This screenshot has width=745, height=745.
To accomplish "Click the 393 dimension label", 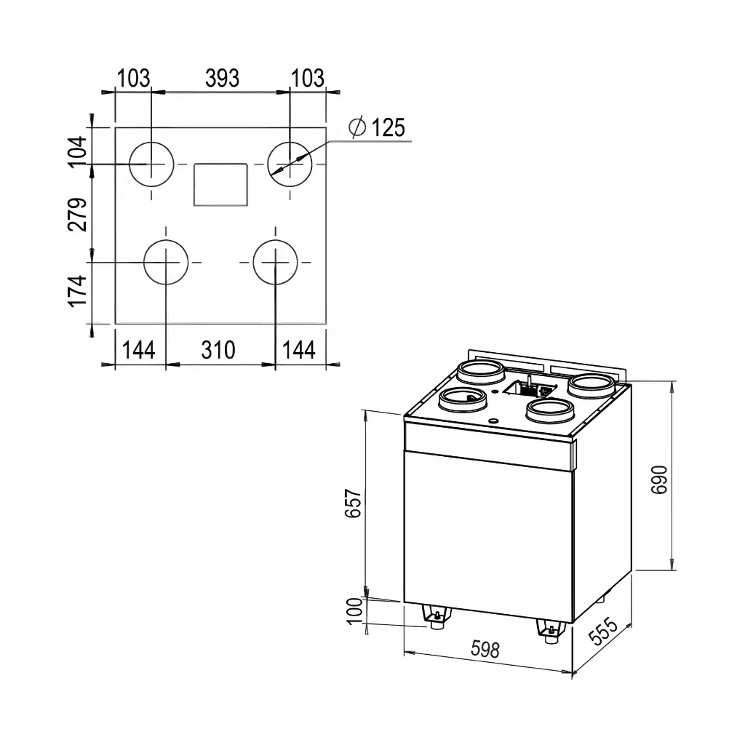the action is [222, 79].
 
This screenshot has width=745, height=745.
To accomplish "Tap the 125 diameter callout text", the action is [388, 128].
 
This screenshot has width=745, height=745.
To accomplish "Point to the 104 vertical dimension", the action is [78, 151].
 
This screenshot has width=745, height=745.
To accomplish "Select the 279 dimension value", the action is [78, 215].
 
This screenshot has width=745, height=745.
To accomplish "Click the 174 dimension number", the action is [78, 291].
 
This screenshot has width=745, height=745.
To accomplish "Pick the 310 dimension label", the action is [218, 350].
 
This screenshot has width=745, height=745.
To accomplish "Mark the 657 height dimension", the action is [354, 503].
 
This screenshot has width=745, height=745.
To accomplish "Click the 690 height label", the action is [659, 480].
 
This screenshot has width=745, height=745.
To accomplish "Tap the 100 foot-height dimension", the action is [355, 611].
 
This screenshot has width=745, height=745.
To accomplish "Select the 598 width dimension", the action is [485, 649].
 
